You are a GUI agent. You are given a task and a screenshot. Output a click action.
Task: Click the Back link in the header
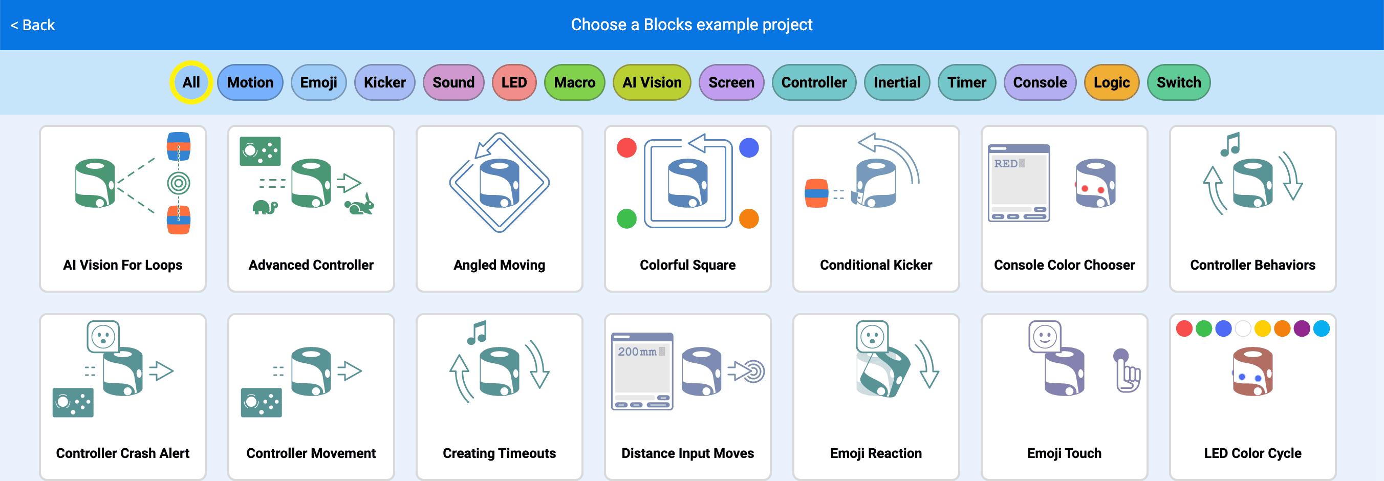(x=33, y=25)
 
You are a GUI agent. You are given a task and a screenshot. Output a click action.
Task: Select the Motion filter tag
(x=250, y=83)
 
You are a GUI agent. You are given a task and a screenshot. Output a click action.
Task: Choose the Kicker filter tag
(x=385, y=83)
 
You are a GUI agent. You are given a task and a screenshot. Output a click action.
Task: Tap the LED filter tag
(x=514, y=83)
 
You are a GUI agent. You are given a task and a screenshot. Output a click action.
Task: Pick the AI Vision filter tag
(x=652, y=83)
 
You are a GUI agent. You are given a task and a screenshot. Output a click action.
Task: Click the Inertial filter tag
(x=897, y=83)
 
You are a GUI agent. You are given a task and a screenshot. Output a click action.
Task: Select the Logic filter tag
(x=1112, y=83)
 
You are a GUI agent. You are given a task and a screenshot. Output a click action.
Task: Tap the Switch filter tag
(x=1178, y=83)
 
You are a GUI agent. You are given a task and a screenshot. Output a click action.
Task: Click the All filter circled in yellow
(x=191, y=83)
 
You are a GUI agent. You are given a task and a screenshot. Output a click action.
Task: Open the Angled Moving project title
(x=499, y=265)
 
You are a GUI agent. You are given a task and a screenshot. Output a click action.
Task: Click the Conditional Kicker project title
(x=876, y=265)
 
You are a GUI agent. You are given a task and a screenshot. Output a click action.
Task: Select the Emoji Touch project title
(x=1064, y=453)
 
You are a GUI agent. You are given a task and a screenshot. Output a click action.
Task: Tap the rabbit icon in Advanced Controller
(x=359, y=205)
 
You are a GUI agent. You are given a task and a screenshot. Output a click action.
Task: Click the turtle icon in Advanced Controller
(x=265, y=207)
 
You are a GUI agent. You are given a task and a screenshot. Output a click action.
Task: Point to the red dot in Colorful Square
(x=626, y=148)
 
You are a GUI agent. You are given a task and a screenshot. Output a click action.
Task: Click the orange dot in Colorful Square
(x=748, y=218)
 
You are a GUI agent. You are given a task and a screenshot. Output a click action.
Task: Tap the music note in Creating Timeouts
(x=477, y=332)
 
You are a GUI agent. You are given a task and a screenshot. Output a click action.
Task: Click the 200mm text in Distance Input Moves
(x=637, y=352)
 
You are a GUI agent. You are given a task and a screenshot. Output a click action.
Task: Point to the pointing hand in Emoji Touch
(x=1127, y=371)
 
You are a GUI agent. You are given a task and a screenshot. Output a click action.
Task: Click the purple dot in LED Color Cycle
(x=1301, y=329)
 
